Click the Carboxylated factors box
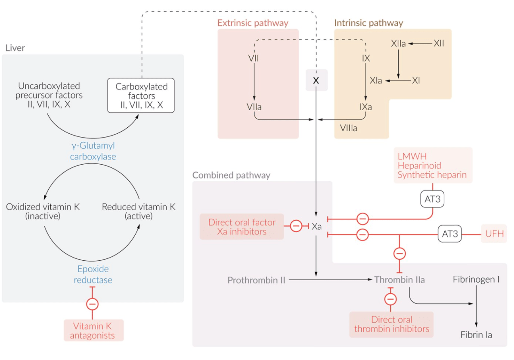tap(141, 95)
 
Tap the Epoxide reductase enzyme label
tap(93, 274)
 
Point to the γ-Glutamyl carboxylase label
tap(93, 151)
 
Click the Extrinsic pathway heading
tap(253, 23)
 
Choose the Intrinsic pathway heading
tap(368, 23)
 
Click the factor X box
tap(316, 80)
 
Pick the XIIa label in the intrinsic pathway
tap(398, 43)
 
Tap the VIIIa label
tap(348, 128)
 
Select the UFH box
tap(494, 234)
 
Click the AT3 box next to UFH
tap(450, 234)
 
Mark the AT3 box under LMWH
tap(432, 199)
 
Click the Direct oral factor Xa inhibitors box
tap(242, 227)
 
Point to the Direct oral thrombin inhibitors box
tap(391, 324)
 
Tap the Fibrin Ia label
tap(476, 335)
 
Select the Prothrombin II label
tap(256, 280)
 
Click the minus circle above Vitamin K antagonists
tap(93, 304)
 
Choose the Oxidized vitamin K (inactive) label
tap(43, 211)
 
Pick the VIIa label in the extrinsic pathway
tap(254, 107)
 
